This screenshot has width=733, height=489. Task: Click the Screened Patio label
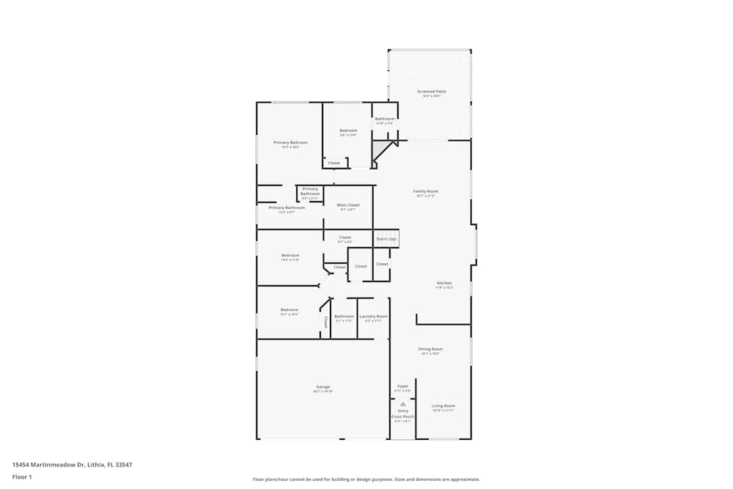[x=432, y=92]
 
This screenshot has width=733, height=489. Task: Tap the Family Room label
[x=426, y=191]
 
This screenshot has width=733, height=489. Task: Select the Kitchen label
[x=444, y=283]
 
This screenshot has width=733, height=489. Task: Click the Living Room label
[x=443, y=405]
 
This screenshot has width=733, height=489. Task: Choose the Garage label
[x=323, y=386]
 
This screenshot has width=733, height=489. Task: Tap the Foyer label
[x=402, y=386]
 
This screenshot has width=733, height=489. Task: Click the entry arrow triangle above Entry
[x=402, y=403]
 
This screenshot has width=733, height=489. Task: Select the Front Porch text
[x=402, y=416]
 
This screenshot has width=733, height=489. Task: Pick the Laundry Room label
[x=373, y=316]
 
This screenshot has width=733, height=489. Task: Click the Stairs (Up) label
[x=386, y=239]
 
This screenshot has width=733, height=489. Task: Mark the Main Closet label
[x=348, y=205]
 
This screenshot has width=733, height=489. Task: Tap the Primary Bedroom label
[x=290, y=142]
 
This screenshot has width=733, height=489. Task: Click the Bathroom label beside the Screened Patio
[x=385, y=119]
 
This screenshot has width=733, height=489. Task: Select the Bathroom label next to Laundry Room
[x=344, y=316]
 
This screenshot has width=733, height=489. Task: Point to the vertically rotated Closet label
[x=325, y=322]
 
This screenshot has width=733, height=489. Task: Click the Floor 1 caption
[x=23, y=477]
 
